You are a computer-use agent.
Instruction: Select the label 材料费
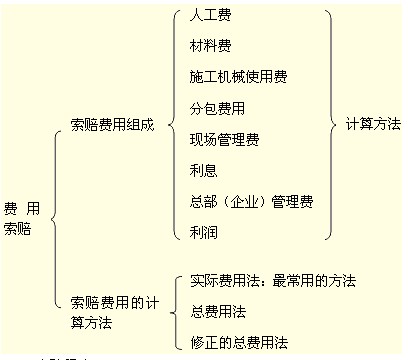[x=211, y=47]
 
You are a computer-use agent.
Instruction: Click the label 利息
[x=203, y=170]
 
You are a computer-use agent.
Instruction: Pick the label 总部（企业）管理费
[x=251, y=202]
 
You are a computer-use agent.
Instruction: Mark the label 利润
[x=203, y=232]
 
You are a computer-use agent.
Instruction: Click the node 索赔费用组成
[x=112, y=126]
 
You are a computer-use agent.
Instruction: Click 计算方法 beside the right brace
[x=372, y=126]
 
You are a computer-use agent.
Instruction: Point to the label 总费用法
[x=217, y=312]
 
